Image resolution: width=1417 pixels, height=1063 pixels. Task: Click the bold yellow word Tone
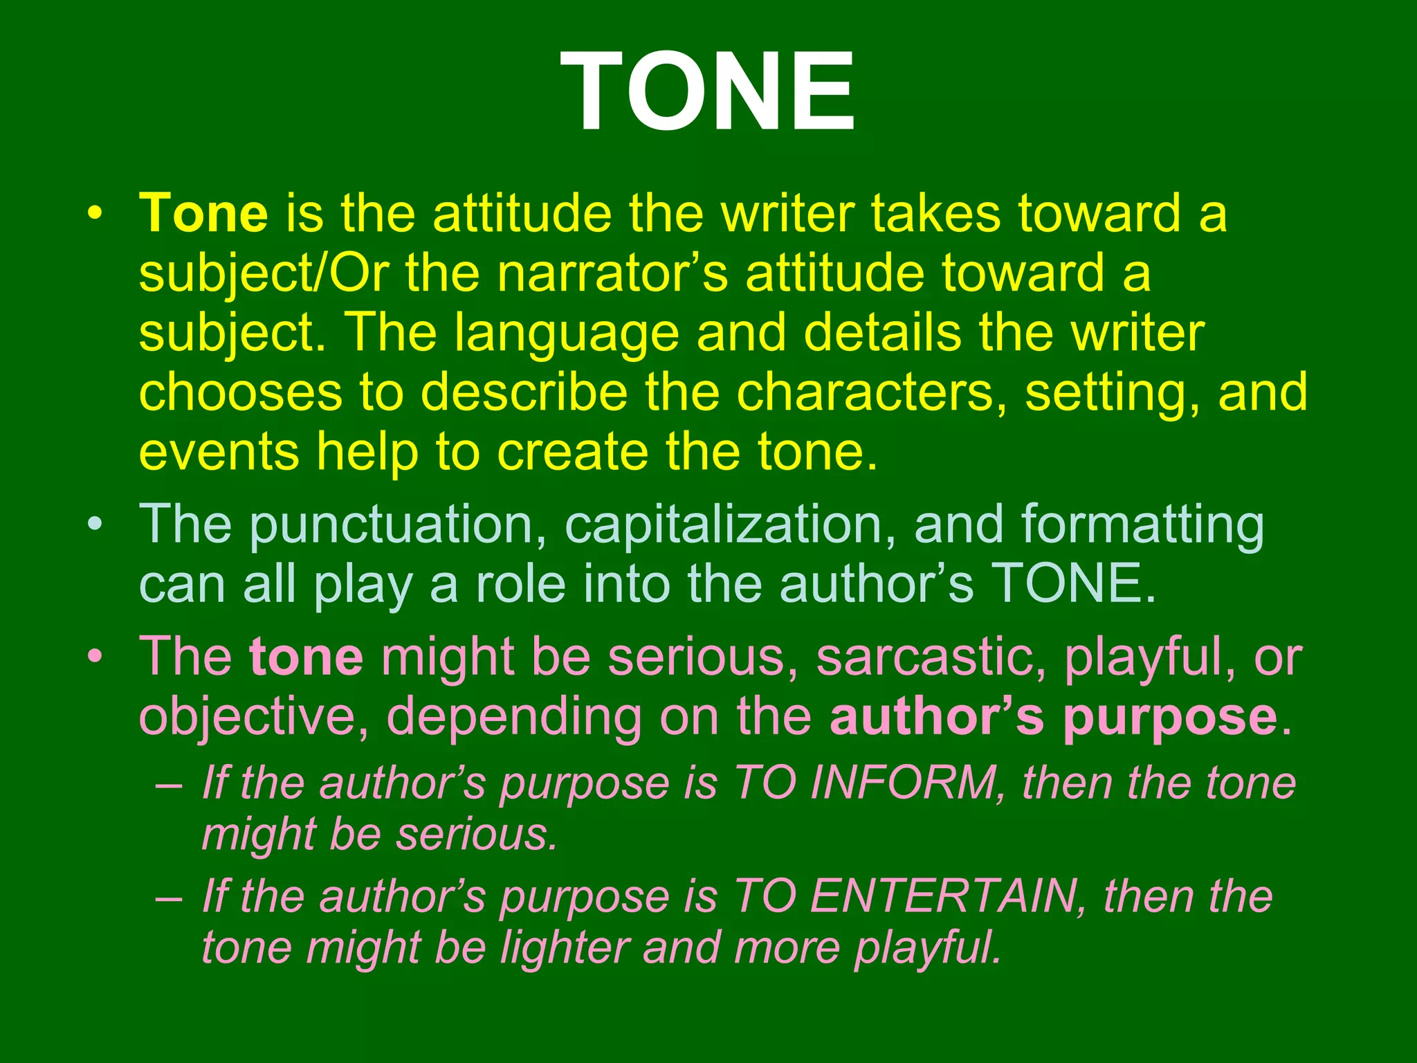pos(203,213)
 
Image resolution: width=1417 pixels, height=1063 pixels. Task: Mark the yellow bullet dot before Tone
pos(94,212)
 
